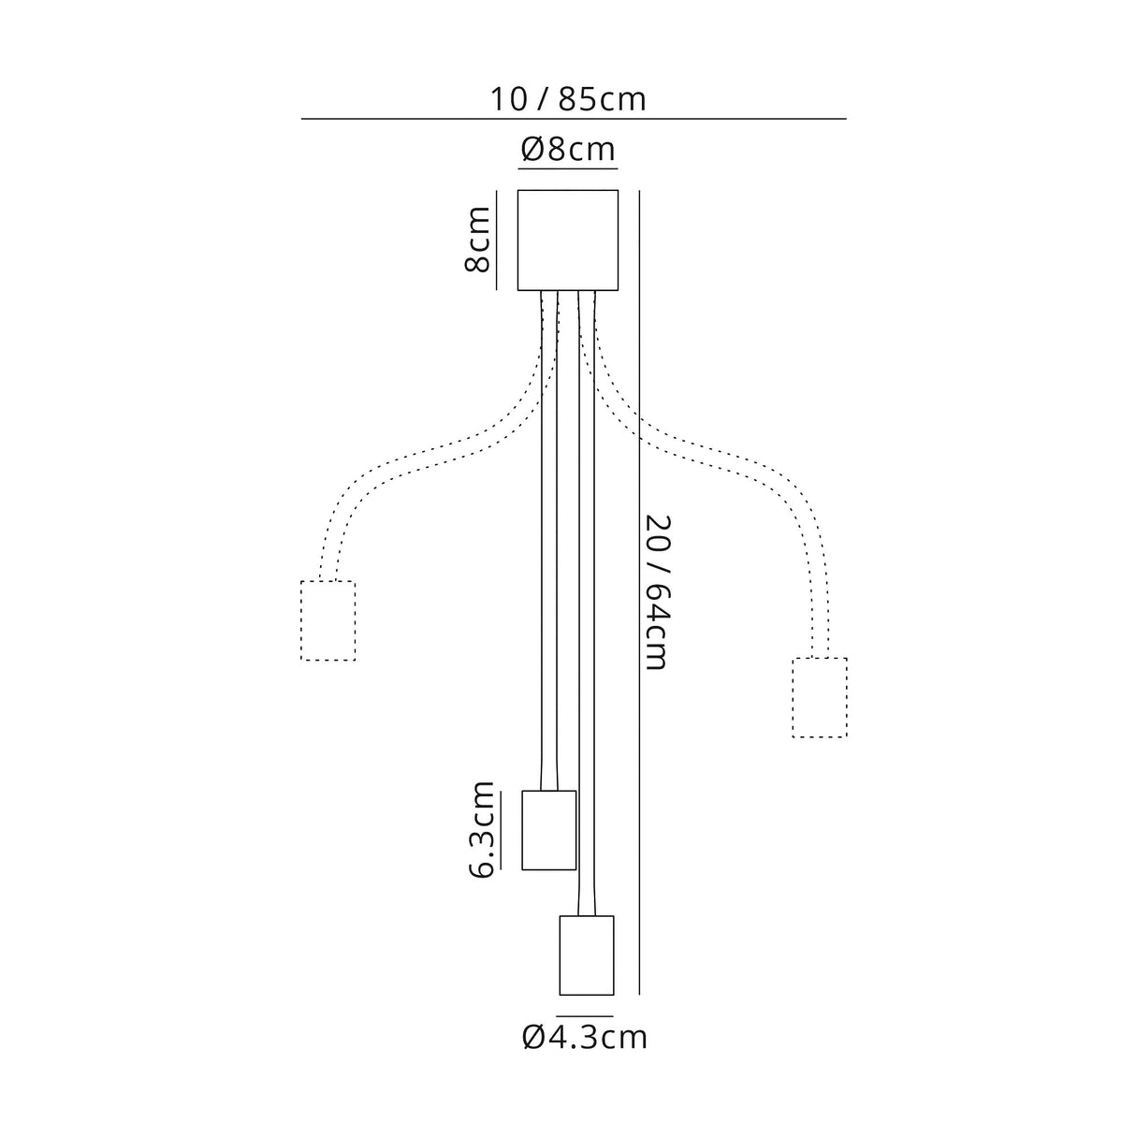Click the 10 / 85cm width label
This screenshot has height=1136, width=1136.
[568, 99]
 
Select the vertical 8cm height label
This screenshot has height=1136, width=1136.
[477, 240]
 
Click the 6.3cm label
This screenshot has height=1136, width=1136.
[482, 838]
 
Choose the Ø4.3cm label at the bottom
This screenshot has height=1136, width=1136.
[584, 1054]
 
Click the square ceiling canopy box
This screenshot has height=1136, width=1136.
[568, 240]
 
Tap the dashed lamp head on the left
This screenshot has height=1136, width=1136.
[328, 620]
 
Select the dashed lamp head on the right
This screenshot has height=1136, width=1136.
[820, 697]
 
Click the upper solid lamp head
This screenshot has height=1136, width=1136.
[549, 830]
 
